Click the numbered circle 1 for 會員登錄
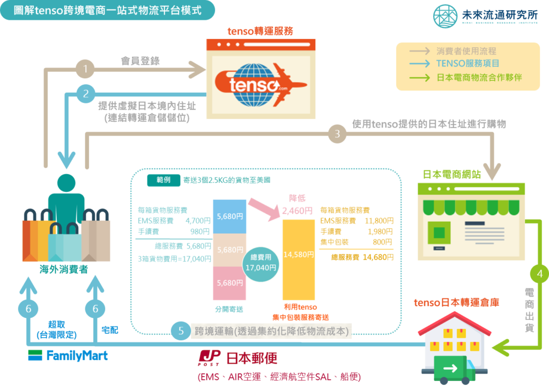click(85, 69)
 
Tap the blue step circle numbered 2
click(85, 94)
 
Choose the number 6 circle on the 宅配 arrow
click(95, 308)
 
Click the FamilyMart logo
click(68, 355)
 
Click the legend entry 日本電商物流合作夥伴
click(479, 78)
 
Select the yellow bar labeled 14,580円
click(299, 255)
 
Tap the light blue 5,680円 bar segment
click(229, 217)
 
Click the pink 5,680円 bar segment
click(229, 282)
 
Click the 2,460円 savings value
click(298, 210)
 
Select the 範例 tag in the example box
click(164, 180)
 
